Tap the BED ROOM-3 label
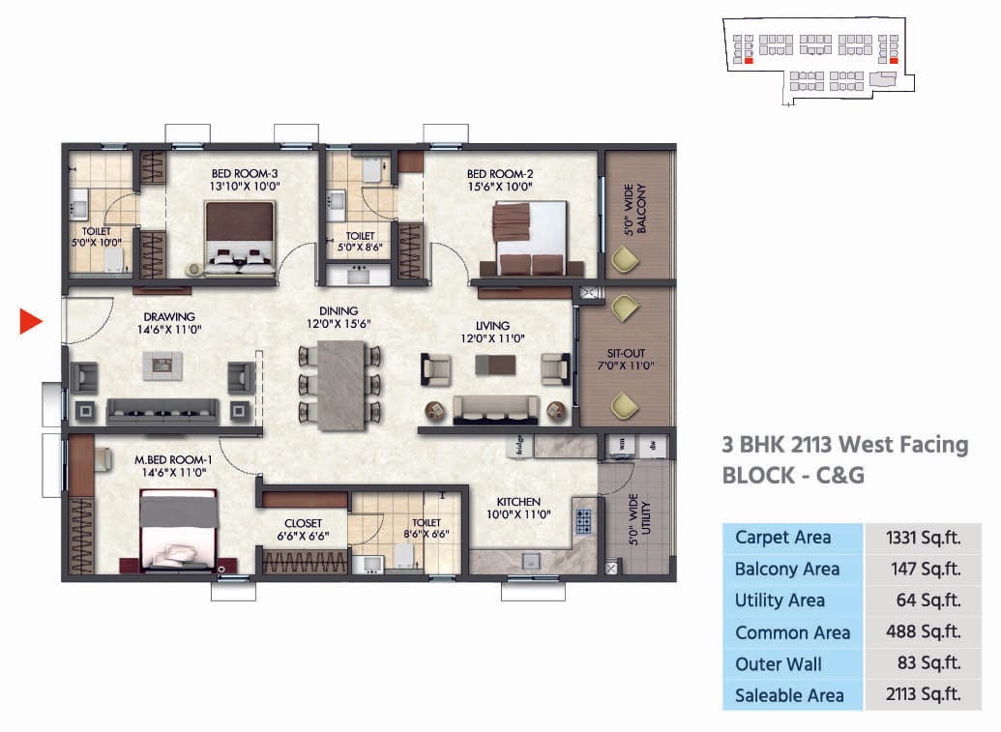pyautogui.click(x=244, y=174)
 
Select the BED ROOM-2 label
pyautogui.click(x=500, y=174)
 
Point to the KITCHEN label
pyautogui.click(x=518, y=502)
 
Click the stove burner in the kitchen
pyautogui.click(x=583, y=520)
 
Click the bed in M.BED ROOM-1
pyautogui.click(x=179, y=530)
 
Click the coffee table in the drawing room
pyautogui.click(x=162, y=364)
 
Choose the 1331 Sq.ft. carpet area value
pyautogui.click(x=923, y=538)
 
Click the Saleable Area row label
pyautogui.click(x=789, y=695)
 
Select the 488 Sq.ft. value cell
pyautogui.click(x=923, y=632)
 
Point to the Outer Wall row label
pyautogui.click(x=779, y=664)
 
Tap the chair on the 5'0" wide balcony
pyautogui.click(x=624, y=259)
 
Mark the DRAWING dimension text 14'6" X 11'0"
pyautogui.click(x=169, y=330)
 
